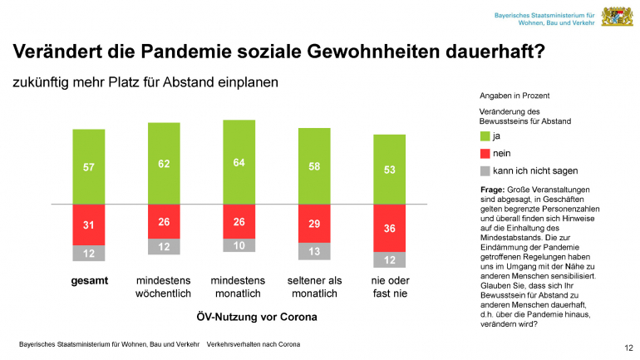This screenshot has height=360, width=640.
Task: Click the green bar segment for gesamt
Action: tap(89, 166)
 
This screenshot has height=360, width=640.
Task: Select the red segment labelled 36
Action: tap(390, 228)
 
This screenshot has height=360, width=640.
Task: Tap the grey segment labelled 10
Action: tap(239, 245)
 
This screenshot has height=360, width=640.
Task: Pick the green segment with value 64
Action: tap(239, 162)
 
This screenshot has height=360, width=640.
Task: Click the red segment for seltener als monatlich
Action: tap(314, 224)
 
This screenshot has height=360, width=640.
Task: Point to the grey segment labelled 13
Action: tap(314, 251)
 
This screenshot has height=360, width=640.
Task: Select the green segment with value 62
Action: tap(164, 163)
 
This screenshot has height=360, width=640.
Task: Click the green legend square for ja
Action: tap(486, 136)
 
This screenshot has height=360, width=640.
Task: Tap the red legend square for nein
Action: tap(486, 154)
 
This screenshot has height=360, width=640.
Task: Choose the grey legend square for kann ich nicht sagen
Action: tap(486, 171)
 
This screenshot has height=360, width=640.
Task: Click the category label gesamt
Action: tap(88, 281)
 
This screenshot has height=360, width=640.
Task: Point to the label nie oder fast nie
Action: tap(390, 288)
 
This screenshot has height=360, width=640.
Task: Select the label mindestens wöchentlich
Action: tap(164, 288)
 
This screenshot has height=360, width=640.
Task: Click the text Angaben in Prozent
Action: tap(514, 96)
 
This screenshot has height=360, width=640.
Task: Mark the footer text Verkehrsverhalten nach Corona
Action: tap(254, 344)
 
